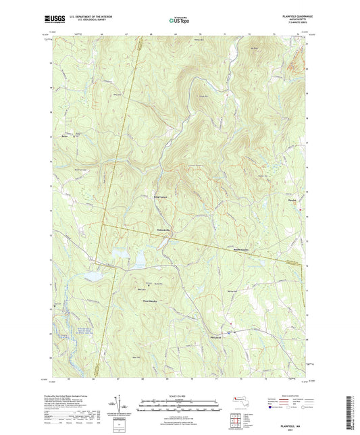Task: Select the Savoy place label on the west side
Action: (x=66, y=136)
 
